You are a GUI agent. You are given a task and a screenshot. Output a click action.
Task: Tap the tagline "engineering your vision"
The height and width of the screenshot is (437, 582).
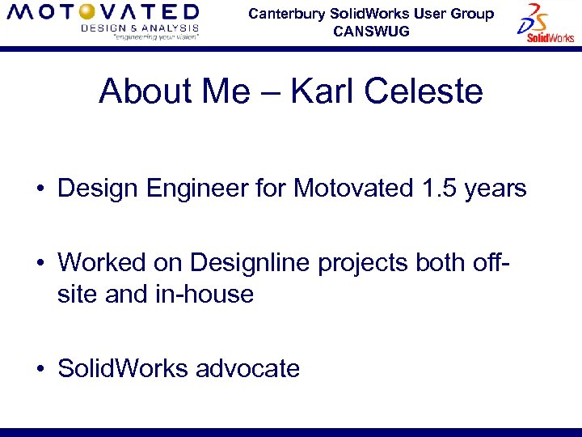pyautogui.click(x=140, y=36)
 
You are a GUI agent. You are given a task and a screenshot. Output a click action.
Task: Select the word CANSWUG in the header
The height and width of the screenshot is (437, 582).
pyautogui.click(x=371, y=32)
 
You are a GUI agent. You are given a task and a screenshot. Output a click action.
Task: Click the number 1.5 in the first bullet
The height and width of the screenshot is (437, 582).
pyautogui.click(x=441, y=189)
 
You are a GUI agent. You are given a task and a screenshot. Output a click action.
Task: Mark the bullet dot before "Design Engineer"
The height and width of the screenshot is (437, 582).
pyautogui.click(x=39, y=190)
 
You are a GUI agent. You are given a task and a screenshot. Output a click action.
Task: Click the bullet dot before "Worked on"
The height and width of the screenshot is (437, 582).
pyautogui.click(x=39, y=264)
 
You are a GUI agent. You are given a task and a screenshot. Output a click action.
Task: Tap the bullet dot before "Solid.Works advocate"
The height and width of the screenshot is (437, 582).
pyautogui.click(x=39, y=370)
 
